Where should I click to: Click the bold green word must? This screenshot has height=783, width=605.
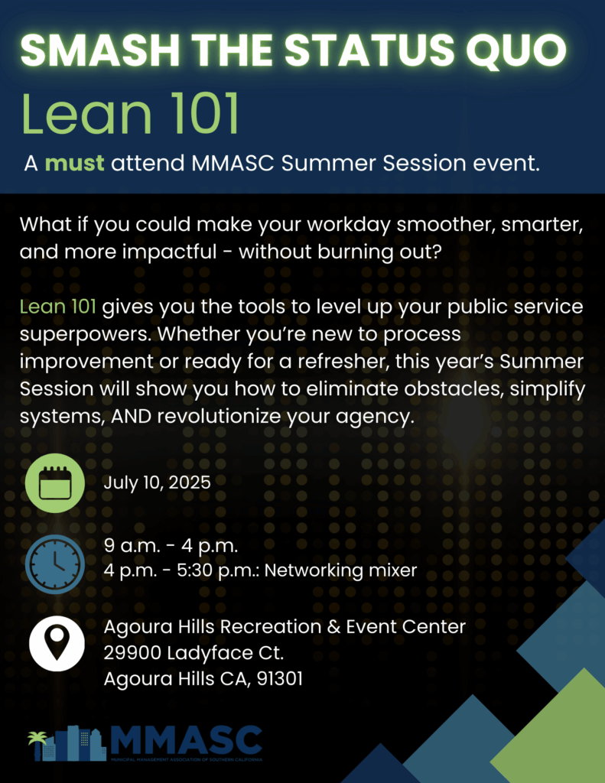click(74, 163)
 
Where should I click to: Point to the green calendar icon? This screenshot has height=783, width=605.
click(55, 483)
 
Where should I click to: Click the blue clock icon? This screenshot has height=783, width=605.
click(55, 564)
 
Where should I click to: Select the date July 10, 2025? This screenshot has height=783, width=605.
click(158, 482)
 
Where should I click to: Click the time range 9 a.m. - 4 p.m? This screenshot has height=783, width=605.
click(171, 546)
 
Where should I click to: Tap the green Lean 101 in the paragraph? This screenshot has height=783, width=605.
click(58, 307)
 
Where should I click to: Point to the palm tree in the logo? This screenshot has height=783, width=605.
click(37, 741)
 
